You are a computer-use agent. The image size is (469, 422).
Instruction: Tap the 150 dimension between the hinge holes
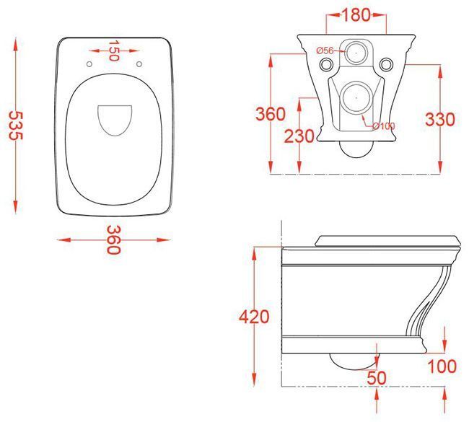[114, 52]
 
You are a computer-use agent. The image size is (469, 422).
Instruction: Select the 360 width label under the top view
[113, 239]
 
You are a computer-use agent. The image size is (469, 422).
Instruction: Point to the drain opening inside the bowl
[114, 120]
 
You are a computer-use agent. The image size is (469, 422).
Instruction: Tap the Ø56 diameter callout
[325, 50]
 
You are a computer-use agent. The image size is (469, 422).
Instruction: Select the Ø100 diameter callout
[385, 127]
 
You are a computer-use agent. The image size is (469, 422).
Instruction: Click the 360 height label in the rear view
[271, 114]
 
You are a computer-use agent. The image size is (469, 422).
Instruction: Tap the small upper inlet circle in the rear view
[355, 51]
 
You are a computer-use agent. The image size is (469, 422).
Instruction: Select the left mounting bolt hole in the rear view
[327, 65]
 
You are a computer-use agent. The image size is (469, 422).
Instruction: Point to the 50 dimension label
[376, 377]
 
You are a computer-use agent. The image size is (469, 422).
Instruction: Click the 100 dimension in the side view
[442, 366]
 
